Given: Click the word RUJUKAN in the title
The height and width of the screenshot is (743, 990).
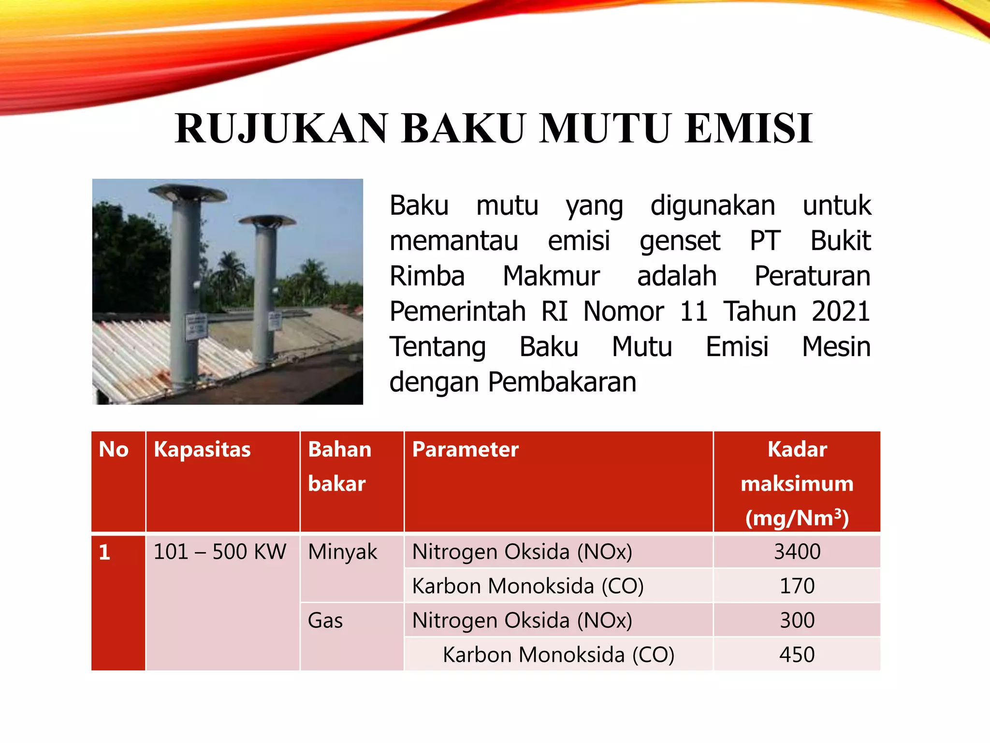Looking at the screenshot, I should click(x=281, y=129).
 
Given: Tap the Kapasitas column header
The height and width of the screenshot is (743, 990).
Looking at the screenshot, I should click(x=202, y=449).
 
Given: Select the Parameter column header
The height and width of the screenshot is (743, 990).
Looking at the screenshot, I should click(x=465, y=449).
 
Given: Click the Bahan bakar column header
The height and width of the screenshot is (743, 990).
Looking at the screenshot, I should click(x=339, y=466).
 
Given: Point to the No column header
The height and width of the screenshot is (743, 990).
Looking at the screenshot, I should click(x=114, y=449).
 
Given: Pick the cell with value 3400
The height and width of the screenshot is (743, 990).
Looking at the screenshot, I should click(x=797, y=551).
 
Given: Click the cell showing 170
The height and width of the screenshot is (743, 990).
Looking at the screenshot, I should click(x=797, y=586).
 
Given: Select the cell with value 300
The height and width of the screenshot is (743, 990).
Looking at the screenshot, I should click(x=797, y=620).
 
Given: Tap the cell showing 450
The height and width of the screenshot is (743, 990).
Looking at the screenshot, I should click(x=797, y=654).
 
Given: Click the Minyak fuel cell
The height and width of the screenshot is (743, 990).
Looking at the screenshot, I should click(x=342, y=552).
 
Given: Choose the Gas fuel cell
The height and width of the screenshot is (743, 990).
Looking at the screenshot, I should click(x=325, y=621).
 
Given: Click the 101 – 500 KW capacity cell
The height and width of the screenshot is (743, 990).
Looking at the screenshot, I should click(x=220, y=552).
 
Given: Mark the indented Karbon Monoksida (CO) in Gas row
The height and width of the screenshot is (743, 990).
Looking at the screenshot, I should click(x=558, y=655).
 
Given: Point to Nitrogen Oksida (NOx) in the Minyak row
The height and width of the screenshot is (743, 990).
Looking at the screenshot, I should click(x=522, y=552).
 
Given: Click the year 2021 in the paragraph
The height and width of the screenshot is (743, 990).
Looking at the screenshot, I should click(x=841, y=311).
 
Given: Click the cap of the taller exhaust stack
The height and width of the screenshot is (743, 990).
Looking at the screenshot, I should click(x=188, y=193).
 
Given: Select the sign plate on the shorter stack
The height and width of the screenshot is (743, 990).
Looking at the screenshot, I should click(x=275, y=320).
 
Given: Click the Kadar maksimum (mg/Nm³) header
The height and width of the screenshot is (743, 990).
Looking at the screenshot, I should click(x=797, y=483).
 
